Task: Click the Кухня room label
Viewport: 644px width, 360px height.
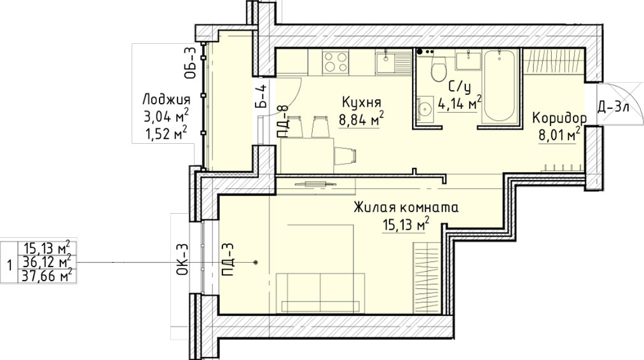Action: [x=362, y=102]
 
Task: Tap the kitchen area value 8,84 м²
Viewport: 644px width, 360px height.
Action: [x=361, y=119]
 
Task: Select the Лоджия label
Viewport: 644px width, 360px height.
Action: [x=167, y=100]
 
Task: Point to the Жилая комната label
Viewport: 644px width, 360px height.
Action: [x=406, y=207]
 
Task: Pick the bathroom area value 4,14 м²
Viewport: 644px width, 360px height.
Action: [x=460, y=103]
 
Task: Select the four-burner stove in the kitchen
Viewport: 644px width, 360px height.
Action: [x=335, y=62]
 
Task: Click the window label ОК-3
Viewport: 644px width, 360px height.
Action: [x=183, y=259]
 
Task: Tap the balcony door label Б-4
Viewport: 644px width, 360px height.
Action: [x=262, y=96]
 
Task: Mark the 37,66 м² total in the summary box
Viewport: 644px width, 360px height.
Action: [x=47, y=275]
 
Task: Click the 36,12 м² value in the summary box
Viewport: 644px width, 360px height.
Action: [x=47, y=262]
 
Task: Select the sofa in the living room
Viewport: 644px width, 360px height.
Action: [x=320, y=292]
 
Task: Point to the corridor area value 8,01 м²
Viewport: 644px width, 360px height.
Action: [x=559, y=134]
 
